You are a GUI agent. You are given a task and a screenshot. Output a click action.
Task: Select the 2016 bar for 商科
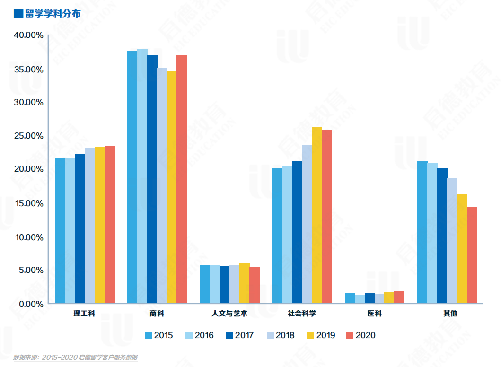coord(142,176)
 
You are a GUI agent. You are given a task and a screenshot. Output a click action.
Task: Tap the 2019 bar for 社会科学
coord(316,215)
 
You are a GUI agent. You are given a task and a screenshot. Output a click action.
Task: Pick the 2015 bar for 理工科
coord(60,230)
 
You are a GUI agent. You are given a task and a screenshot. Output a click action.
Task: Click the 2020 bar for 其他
coord(472,255)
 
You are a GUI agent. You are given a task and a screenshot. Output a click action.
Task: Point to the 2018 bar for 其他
coord(452,241)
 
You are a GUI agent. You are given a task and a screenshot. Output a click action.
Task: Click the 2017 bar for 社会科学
coord(297,232)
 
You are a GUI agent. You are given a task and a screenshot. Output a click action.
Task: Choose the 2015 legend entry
coord(158,335)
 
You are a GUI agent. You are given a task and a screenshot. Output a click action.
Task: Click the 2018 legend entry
coord(280,335)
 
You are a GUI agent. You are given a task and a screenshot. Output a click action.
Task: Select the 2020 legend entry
coord(361,335)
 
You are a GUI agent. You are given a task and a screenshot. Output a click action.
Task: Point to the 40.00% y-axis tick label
coord(28,35)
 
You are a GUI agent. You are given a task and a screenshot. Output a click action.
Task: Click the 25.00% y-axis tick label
coord(28,136)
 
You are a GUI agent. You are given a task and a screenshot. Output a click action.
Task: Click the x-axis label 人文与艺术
coord(229,313)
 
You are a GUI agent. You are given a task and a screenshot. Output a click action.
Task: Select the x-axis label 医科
coord(374,313)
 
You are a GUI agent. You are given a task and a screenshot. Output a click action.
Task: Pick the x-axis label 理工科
coord(85,313)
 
